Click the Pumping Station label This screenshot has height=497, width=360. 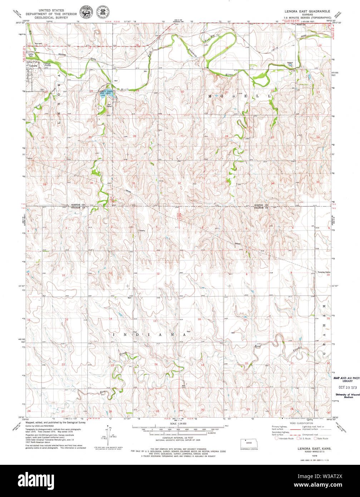[324, 272]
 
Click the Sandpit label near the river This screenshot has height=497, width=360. [289, 63]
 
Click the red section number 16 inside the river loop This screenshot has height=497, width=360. [226, 48]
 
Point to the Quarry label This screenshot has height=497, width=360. [142, 231]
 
